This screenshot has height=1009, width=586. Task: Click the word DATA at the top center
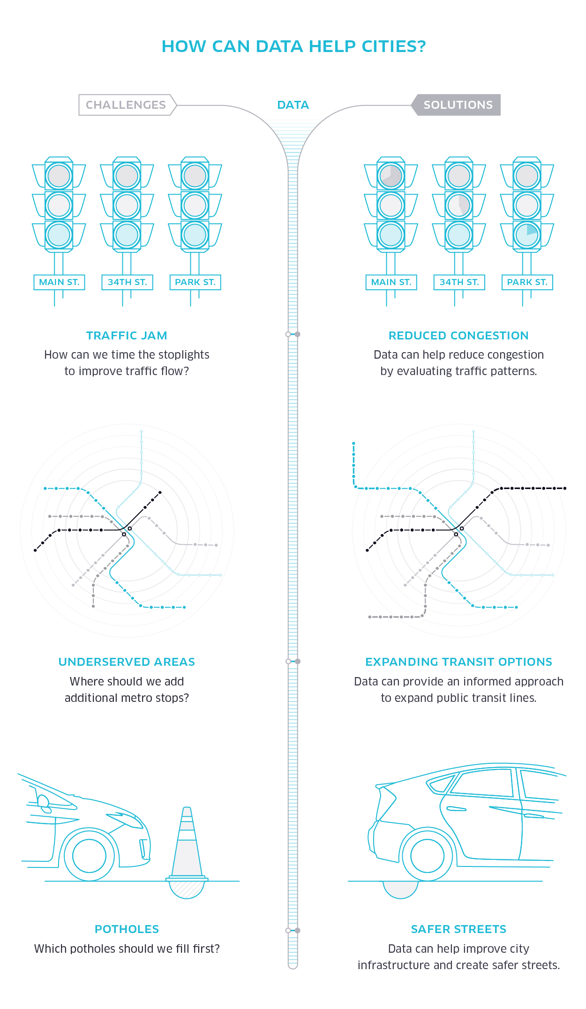[293, 105]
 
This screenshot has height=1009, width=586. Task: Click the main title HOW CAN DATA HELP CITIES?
[293, 46]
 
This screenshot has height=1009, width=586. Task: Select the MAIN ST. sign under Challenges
[59, 282]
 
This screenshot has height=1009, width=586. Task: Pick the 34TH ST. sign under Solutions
[459, 282]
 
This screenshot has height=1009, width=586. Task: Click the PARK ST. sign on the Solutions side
[527, 282]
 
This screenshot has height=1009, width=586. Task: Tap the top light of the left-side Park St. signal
[195, 176]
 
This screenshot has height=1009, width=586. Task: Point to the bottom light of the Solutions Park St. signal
[527, 235]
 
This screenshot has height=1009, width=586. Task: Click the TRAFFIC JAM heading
[127, 336]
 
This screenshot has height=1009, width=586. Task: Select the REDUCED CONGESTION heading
[458, 336]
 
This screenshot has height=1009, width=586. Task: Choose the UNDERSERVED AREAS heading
[127, 662]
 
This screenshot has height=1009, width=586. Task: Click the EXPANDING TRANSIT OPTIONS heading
[458, 662]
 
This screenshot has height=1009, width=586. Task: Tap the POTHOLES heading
[127, 929]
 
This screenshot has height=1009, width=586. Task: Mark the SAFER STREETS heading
[458, 929]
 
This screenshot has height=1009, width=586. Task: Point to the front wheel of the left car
[89, 856]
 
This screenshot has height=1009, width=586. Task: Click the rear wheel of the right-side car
[427, 856]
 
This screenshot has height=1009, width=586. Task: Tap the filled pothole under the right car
[400, 889]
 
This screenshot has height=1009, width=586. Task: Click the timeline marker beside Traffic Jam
[293, 334]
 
